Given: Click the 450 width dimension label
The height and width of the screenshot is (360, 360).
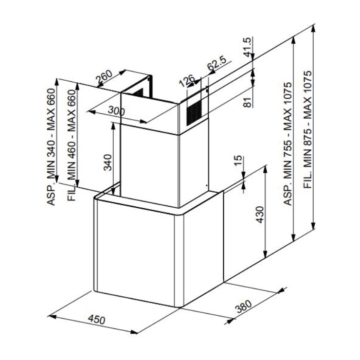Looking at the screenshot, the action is (97, 320).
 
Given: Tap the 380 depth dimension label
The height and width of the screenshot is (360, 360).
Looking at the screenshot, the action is (244, 306).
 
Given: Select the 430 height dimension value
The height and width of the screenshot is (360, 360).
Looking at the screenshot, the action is (260, 215).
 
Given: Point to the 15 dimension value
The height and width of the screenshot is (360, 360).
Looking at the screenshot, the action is (238, 161).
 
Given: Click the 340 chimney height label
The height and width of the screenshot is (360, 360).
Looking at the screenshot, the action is (108, 162).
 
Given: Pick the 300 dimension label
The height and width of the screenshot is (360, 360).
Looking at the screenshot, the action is (116, 111).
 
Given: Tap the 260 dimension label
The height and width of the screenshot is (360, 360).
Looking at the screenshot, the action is (104, 76).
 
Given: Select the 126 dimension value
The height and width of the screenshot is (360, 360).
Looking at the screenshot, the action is (186, 81).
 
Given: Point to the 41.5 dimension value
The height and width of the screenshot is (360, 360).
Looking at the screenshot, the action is (248, 47).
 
